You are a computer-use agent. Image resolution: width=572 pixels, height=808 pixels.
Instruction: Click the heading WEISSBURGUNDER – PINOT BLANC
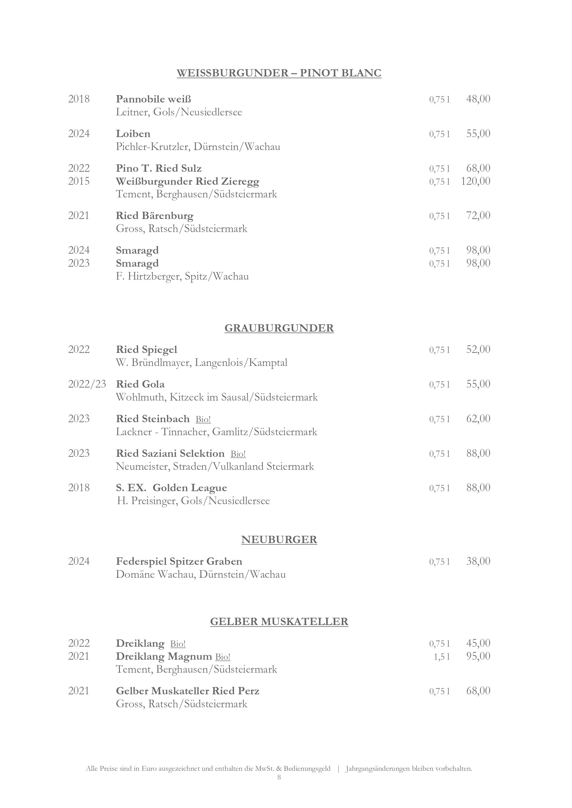(279, 73)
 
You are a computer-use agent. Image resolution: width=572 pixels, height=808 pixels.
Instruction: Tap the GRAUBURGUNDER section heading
(279, 328)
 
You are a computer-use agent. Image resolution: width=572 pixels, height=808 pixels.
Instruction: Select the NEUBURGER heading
(279, 540)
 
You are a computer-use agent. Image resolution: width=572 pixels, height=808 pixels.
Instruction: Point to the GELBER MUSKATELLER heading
(279, 622)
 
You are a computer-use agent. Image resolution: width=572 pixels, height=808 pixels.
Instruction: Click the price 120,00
(476, 181)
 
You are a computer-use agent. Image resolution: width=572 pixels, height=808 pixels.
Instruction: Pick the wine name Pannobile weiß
(154, 99)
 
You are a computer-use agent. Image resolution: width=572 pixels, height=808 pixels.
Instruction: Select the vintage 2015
(79, 181)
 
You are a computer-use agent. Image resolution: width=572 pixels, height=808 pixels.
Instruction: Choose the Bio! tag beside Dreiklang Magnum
(223, 657)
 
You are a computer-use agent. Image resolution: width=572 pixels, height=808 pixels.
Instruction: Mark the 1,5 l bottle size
(442, 657)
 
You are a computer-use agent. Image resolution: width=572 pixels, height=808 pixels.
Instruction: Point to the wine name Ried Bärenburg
(155, 216)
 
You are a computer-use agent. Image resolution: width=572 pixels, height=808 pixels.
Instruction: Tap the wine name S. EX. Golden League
(172, 488)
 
